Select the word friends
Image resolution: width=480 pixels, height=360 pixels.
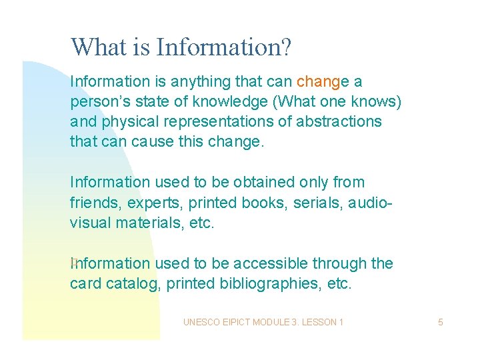(93, 202)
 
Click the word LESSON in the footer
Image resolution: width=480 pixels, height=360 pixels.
(319, 323)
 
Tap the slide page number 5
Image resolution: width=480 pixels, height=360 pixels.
(441, 323)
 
